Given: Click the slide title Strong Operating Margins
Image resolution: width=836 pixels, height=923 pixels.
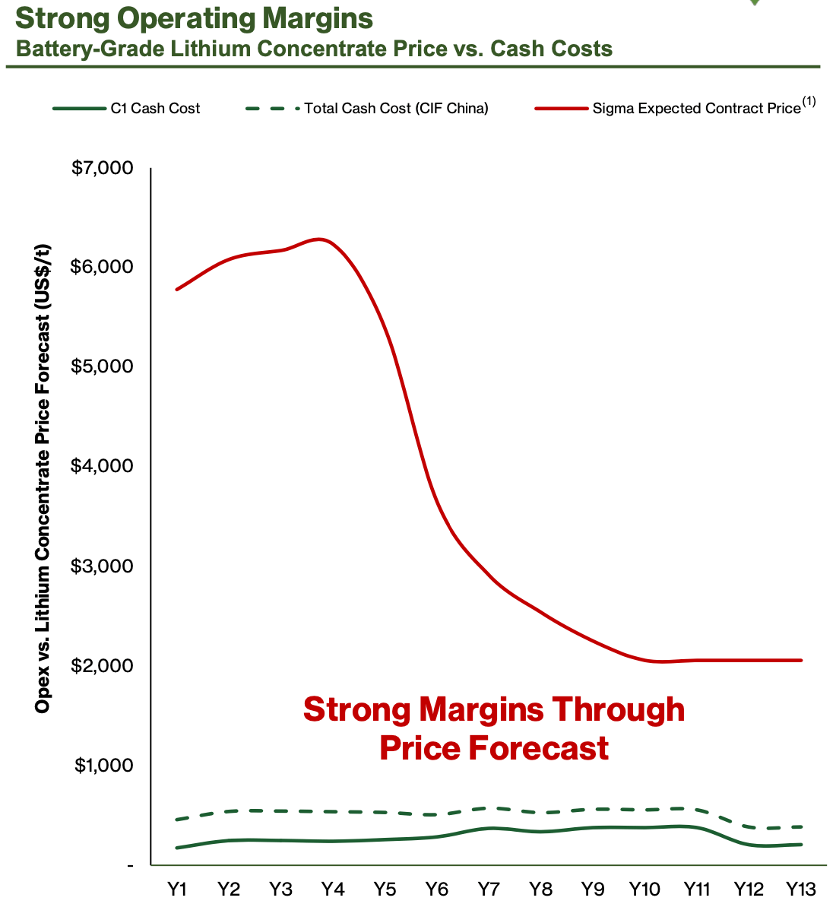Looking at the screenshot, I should [x=194, y=18].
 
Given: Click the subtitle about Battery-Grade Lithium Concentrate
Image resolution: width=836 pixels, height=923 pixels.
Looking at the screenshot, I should [x=314, y=49].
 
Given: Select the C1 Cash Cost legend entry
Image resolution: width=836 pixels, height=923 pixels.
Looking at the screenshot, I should [x=155, y=108].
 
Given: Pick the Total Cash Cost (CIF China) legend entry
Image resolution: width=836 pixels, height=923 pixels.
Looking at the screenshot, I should [x=395, y=108].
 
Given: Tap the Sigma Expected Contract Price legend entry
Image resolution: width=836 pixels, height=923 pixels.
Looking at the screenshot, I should [x=696, y=108].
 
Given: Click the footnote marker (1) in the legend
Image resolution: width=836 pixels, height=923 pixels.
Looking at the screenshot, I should [x=809, y=102].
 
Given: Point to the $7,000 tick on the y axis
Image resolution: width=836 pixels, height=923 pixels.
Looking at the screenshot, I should [x=102, y=167].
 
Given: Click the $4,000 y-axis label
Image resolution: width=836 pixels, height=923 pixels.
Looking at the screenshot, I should [x=102, y=465].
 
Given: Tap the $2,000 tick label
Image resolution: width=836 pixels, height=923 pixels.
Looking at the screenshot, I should [x=102, y=665].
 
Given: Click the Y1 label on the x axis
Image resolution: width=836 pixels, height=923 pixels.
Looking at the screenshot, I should [x=177, y=889].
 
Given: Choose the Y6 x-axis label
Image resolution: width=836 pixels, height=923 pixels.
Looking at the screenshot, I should [x=436, y=889].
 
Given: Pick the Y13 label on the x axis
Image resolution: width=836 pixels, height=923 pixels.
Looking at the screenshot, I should [x=800, y=889].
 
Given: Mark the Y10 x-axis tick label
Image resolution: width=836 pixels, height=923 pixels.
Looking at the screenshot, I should [x=644, y=889].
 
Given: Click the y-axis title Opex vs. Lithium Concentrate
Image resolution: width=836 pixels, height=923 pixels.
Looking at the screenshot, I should [x=43, y=479].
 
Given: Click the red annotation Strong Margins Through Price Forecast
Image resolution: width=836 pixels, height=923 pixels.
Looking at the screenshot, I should [x=494, y=728].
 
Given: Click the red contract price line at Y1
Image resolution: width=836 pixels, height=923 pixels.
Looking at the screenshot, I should [x=177, y=289].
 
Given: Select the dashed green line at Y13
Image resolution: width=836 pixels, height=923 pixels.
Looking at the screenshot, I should [x=800, y=826].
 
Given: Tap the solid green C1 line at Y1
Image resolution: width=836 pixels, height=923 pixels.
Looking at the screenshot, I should [x=177, y=848].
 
